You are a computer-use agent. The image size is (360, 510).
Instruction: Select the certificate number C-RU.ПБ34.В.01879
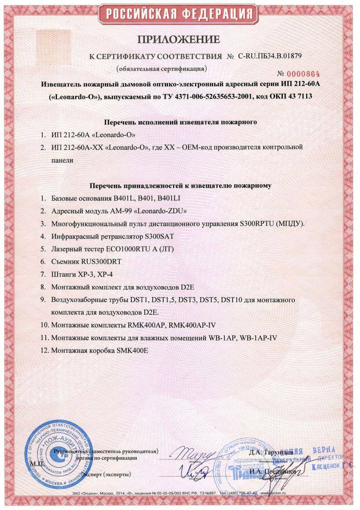pyautogui.click(x=270, y=56)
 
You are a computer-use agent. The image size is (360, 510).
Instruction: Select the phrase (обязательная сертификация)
pyautogui.click(x=161, y=69)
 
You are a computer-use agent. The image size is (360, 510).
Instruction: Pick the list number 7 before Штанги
pyautogui.click(x=43, y=274)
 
